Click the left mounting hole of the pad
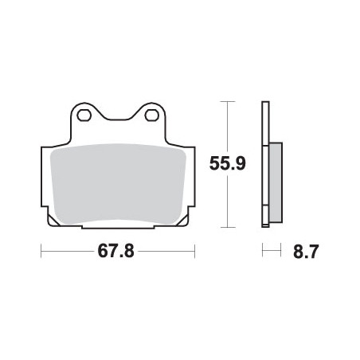tap(84, 115)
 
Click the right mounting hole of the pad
tap(152, 115)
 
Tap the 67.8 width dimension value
tap(115, 251)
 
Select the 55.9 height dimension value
tap(228, 163)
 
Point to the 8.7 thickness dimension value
tap(306, 252)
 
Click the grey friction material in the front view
tap(118, 184)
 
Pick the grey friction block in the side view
tap(276, 182)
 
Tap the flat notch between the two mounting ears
tap(118, 119)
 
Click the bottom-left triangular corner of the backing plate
tap(53, 221)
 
